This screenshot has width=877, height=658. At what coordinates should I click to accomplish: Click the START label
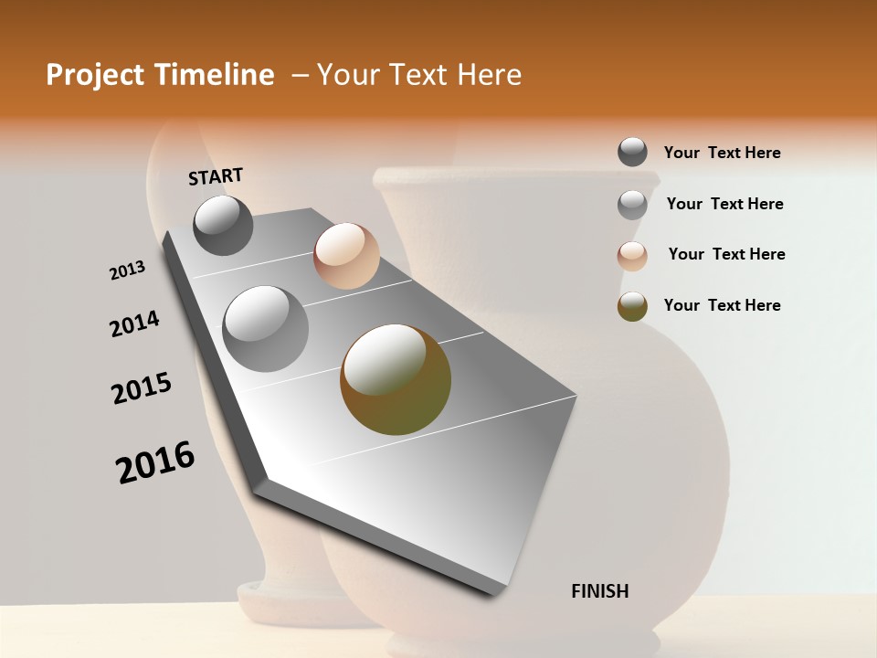point(216,175)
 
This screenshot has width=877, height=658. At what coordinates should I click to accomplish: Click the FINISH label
point(599,591)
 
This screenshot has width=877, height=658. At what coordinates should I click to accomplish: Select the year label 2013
point(127,271)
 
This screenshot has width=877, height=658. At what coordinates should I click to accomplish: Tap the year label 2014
point(134,324)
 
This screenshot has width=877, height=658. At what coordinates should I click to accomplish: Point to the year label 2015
point(142,388)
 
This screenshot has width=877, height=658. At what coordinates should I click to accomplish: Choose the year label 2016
point(155,462)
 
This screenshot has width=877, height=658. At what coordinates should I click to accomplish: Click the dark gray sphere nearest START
point(223,225)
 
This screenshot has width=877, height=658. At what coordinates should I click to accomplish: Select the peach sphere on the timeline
point(346,256)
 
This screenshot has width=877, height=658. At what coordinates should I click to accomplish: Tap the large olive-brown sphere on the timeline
point(396,379)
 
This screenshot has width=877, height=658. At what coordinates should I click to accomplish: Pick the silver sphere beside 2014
point(266,328)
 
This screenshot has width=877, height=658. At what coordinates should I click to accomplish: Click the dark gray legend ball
point(632,152)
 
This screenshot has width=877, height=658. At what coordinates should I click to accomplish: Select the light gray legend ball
point(632,205)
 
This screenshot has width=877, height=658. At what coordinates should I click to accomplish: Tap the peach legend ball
point(632,256)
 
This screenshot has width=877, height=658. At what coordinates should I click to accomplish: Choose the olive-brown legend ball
point(632,306)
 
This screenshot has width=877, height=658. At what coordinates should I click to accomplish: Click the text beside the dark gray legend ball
point(722,153)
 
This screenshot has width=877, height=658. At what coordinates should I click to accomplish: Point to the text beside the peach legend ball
point(726,254)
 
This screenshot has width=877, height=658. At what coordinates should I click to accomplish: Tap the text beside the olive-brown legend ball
point(722,305)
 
